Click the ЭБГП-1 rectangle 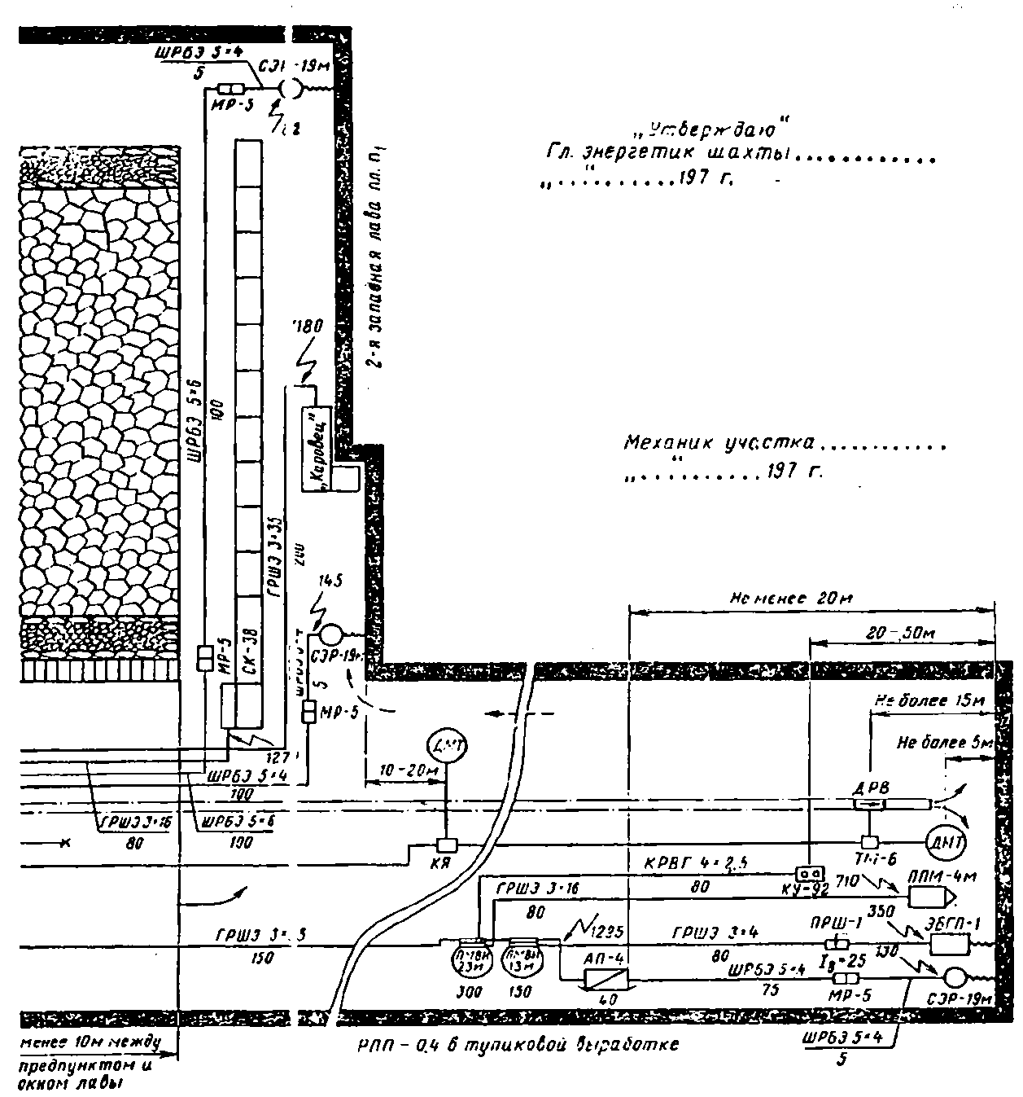[x=948, y=944]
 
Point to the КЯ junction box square [x=446, y=844]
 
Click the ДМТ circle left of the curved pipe [x=446, y=746]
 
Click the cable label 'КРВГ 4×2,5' [x=684, y=864]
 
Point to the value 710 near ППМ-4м [x=848, y=879]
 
